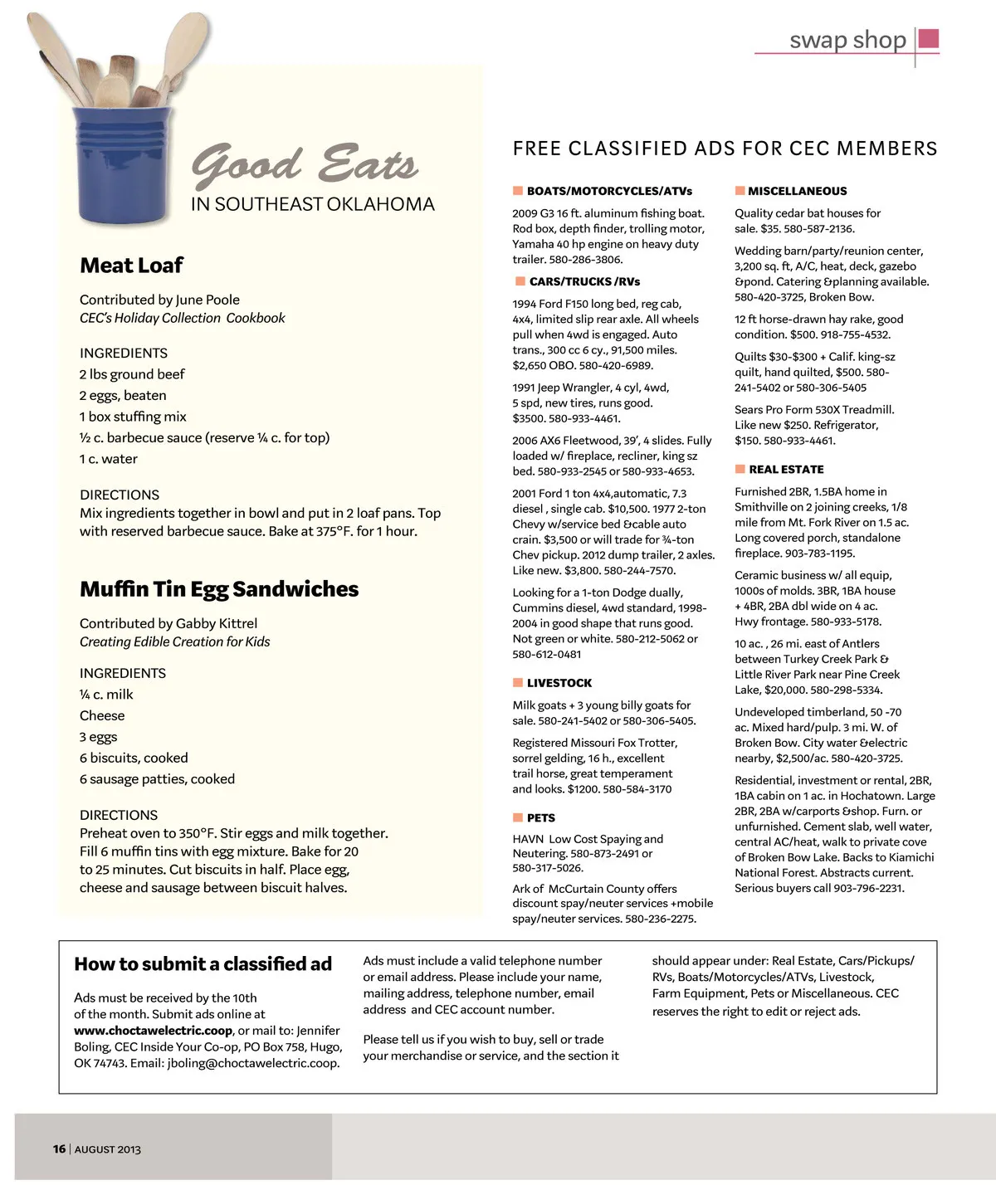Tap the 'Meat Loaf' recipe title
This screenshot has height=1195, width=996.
pos(131,266)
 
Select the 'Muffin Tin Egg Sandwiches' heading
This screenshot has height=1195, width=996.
pos(219,589)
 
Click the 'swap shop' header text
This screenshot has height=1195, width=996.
pos(847,40)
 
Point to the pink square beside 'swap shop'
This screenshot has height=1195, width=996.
pos(929,38)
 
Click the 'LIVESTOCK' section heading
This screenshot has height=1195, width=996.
pos(559,683)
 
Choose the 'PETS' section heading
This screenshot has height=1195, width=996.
pos(541,817)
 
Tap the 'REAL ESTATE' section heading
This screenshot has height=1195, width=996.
pos(786,469)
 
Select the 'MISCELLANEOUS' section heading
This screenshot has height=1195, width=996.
pos(797,191)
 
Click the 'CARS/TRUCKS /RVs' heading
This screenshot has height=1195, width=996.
pos(584,281)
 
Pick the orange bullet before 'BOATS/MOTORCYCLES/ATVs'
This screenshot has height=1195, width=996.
pos(518,191)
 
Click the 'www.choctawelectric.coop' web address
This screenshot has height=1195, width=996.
pos(153,1031)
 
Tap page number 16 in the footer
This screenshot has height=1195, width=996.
pos(59,1149)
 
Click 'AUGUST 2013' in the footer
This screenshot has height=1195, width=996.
pos(108,1149)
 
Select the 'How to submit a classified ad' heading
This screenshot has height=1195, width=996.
pos(203,964)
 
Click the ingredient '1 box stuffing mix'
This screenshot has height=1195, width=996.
pos(133,417)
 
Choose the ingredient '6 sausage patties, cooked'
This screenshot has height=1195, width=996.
pos(157,779)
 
